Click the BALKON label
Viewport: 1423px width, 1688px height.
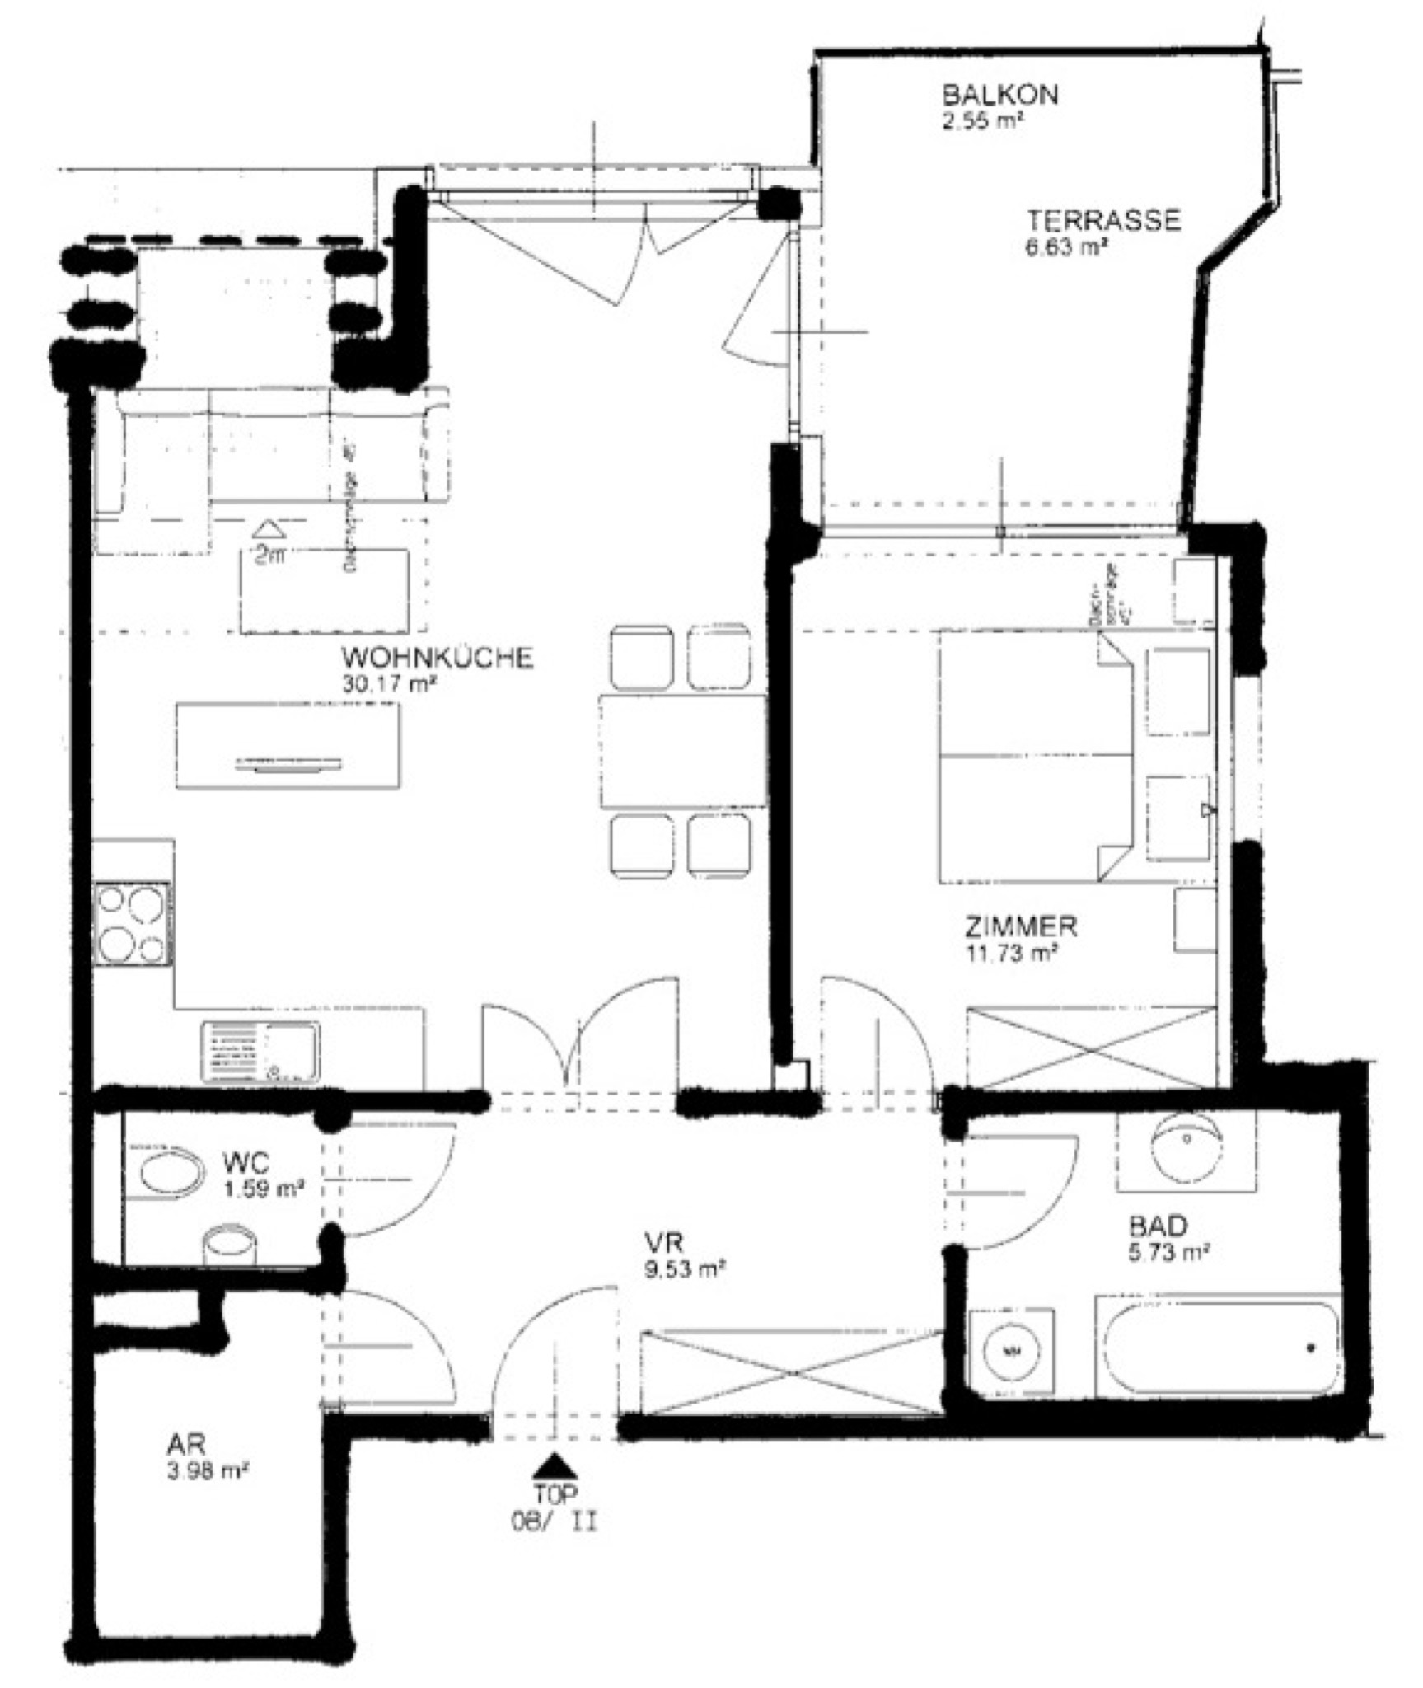[999, 94]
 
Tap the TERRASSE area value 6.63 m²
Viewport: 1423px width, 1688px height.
[1065, 247]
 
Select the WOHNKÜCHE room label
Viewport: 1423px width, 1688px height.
[437, 658]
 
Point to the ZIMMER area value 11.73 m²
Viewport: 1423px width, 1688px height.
[1011, 954]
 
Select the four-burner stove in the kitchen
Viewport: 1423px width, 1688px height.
[133, 923]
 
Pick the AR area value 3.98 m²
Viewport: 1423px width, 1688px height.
[208, 1471]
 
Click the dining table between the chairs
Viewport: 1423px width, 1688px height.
[682, 751]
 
